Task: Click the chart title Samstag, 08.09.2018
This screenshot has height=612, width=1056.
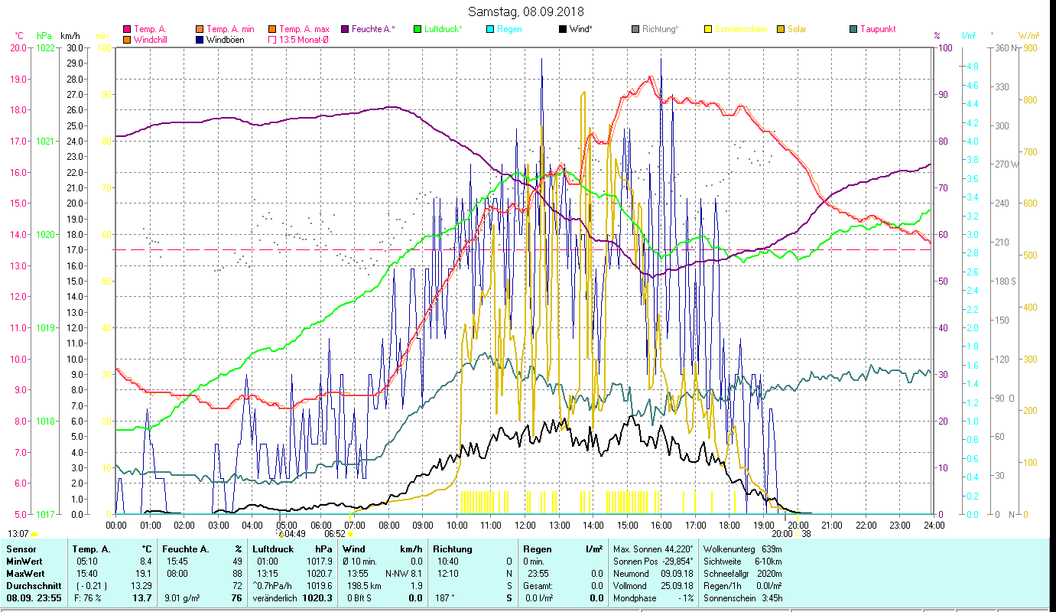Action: click(x=528, y=11)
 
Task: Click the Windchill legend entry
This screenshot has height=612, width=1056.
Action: click(x=150, y=40)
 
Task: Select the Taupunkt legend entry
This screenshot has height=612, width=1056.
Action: click(x=877, y=29)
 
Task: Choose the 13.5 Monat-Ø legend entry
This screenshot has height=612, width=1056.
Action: click(x=303, y=40)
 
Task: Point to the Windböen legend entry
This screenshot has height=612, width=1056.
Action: click(x=225, y=40)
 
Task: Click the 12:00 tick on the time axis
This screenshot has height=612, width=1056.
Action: click(x=525, y=526)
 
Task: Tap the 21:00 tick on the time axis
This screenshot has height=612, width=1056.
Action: click(x=831, y=526)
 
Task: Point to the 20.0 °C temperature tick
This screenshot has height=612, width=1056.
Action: click(x=18, y=47)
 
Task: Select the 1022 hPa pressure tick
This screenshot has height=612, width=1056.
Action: click(x=46, y=47)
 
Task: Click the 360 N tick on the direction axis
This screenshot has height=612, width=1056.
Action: click(x=1003, y=47)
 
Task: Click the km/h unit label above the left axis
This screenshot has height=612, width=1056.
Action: click(x=70, y=36)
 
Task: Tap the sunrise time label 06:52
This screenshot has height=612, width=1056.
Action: click(x=336, y=534)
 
